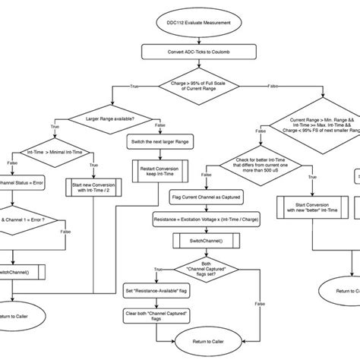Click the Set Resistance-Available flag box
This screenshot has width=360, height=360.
[x=156, y=291]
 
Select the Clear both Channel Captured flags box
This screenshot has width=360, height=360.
[x=156, y=314]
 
